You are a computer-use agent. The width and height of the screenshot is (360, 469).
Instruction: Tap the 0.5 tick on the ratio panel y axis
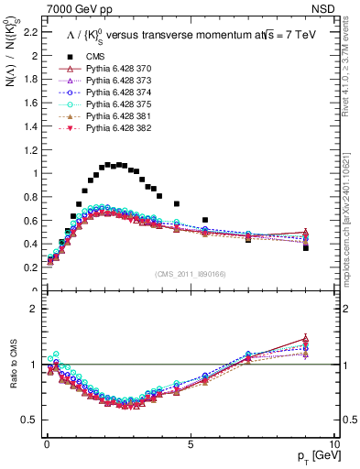pyautogui.click(x=28, y=420)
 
